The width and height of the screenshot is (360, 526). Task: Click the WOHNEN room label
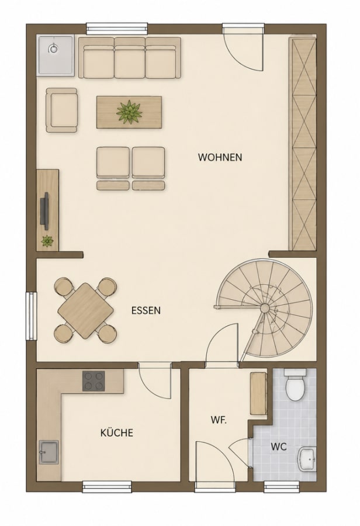coord(220,157)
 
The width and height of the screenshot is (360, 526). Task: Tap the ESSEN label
coord(146,311)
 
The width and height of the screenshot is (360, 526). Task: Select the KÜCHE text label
coord(117,432)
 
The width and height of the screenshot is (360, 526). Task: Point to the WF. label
coord(219,420)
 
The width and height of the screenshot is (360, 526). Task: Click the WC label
coord(278,447)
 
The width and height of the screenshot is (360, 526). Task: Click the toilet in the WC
coord(295,385)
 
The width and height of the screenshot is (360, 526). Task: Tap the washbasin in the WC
coord(307,459)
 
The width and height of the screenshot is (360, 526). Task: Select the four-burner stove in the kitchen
coord(94,381)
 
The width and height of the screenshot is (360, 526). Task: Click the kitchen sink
coord(49,452)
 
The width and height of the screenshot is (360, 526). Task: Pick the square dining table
coord(85,311)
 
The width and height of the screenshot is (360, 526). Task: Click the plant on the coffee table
coord(129,112)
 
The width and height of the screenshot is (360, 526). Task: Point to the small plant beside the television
coord(47,241)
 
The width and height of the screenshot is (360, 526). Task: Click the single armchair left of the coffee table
coord(62,110)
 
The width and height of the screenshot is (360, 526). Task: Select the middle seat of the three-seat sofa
coord(130,58)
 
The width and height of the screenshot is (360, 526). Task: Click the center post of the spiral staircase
coord(264,307)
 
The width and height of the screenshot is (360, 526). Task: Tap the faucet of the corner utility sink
coord(53,49)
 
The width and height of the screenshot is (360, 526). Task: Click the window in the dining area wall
coord(32,316)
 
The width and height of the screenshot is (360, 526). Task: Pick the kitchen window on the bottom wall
coord(108,486)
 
